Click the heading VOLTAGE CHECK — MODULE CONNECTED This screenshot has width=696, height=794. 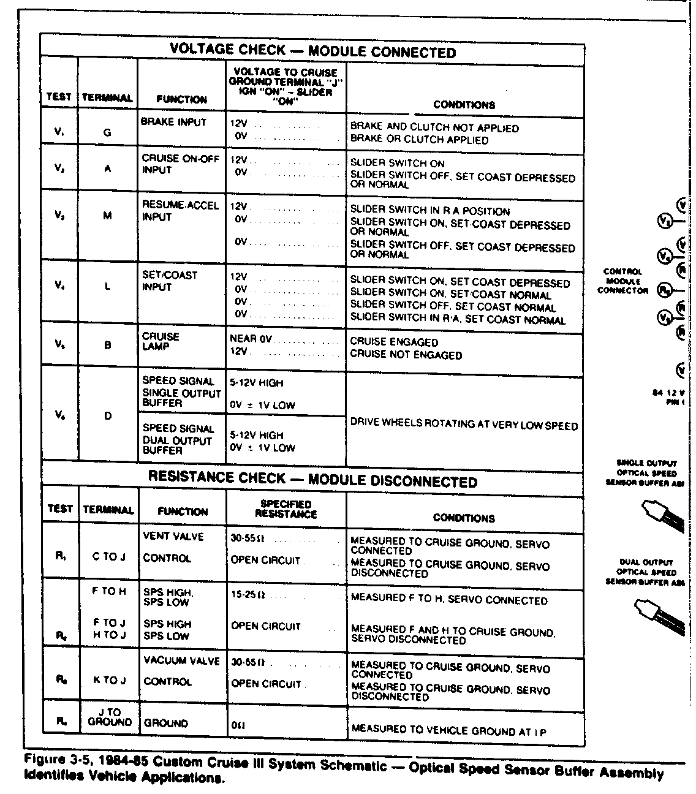tap(312, 51)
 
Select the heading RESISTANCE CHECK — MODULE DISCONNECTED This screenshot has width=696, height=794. tap(312, 480)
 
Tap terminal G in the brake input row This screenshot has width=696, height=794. tap(107, 132)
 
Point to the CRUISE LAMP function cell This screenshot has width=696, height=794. tap(161, 341)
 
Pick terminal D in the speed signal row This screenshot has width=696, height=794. tap(108, 416)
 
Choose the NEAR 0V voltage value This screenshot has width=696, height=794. tap(250, 338)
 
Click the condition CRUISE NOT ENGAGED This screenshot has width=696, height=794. tap(406, 355)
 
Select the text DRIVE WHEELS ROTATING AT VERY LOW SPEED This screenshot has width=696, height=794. tap(464, 424)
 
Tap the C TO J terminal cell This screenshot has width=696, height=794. tap(108, 557)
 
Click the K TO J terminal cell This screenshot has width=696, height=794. tap(108, 681)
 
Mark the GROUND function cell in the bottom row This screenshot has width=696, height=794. tap(166, 723)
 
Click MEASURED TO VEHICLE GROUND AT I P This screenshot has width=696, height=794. tap(448, 730)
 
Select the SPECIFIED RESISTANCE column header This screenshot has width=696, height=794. tap(286, 509)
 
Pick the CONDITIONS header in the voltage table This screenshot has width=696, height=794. tap(464, 105)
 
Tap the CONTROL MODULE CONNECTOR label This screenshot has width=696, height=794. tap(622, 281)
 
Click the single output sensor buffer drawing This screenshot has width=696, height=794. tap(660, 514)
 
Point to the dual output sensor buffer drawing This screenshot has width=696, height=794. tap(657, 613)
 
